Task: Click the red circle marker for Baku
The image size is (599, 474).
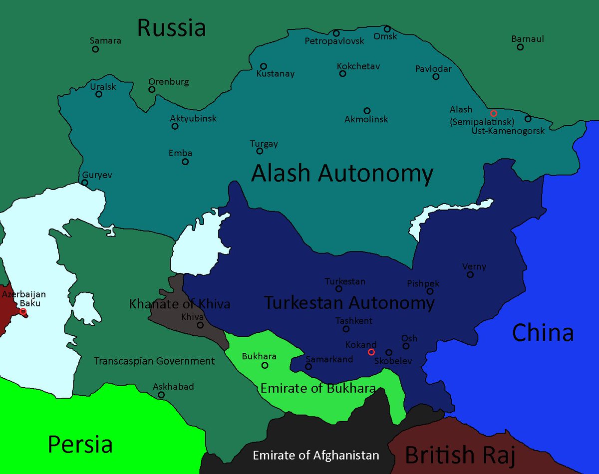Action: click(22, 311)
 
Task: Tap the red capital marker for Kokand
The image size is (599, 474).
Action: click(371, 352)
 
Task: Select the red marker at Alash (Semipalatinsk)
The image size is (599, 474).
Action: click(494, 113)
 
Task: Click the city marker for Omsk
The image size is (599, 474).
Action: click(387, 29)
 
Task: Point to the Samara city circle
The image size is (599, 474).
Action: click(95, 49)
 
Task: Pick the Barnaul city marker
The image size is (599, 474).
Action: click(520, 47)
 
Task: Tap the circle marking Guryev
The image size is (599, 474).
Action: click(85, 183)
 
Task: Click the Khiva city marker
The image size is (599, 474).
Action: click(200, 325)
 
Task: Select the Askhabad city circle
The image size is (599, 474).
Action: click(161, 395)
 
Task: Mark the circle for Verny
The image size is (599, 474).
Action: click(470, 274)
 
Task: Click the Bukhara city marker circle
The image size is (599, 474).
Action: click(265, 365)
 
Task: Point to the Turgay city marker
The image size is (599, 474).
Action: click(260, 151)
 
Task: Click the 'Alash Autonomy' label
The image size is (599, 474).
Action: click(342, 174)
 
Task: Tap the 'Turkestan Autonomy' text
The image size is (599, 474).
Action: click(349, 302)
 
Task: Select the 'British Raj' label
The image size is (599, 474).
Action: click(460, 455)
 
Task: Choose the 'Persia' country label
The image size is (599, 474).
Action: click(80, 444)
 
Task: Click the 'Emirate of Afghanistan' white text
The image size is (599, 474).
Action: click(315, 455)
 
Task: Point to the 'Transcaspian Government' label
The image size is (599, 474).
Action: click(154, 361)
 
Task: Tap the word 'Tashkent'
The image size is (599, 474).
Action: click(354, 321)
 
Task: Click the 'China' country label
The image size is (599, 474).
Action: click(543, 332)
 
